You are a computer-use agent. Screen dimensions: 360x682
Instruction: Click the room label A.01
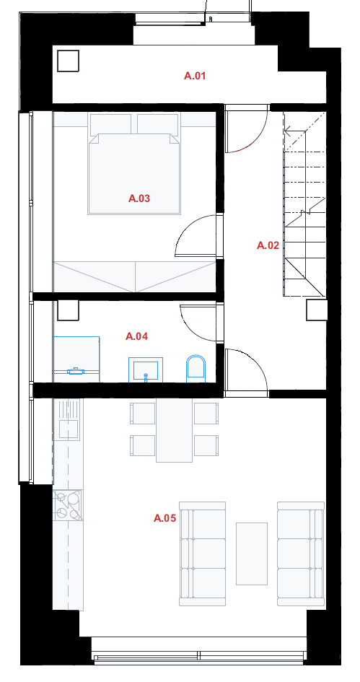(x=194, y=76)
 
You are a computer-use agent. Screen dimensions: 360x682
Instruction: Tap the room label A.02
(x=268, y=245)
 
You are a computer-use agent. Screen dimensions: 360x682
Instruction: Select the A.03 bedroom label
(x=139, y=198)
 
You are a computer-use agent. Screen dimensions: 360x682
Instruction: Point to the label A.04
(x=136, y=336)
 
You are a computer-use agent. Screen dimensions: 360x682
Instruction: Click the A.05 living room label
(x=164, y=518)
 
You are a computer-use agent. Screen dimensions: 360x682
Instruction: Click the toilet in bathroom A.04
(x=196, y=368)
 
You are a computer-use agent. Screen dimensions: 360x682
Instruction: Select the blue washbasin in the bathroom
(x=146, y=370)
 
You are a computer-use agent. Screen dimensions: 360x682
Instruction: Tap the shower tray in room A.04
(x=76, y=359)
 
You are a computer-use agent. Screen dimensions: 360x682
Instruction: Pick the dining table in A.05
(x=174, y=430)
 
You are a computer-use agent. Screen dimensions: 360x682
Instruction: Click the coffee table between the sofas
(x=252, y=554)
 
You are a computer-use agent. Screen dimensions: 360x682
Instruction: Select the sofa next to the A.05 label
(x=203, y=554)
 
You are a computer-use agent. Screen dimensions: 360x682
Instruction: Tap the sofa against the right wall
(x=301, y=554)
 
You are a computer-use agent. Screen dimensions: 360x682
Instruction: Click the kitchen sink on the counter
(x=69, y=429)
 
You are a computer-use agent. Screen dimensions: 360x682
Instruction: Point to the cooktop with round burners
(x=68, y=505)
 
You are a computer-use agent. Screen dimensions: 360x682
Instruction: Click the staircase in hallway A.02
(x=304, y=204)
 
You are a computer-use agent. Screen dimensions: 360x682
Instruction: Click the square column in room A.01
(x=69, y=61)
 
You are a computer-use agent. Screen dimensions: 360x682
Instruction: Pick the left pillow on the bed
(x=111, y=124)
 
